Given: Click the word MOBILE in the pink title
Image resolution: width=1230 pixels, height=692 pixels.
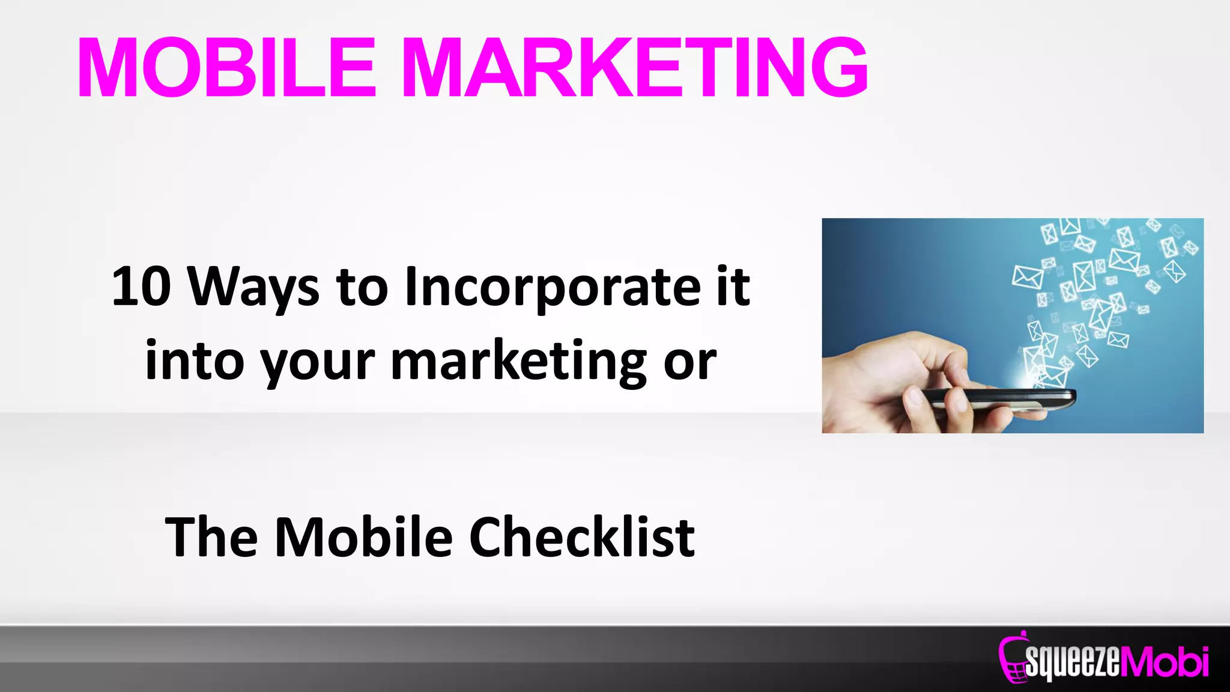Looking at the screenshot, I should point(226,67).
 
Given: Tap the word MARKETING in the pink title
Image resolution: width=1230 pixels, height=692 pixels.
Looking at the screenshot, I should point(634,67).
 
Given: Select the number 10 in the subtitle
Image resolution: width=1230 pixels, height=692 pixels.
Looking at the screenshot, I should point(141,287).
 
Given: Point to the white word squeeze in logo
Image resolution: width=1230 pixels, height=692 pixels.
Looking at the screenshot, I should point(1072,662).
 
